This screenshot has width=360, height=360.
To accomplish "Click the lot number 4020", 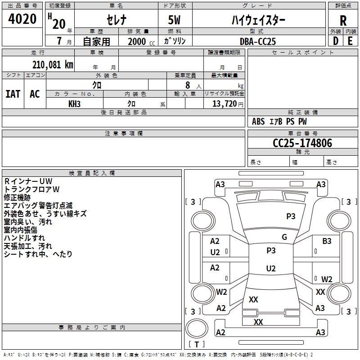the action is [x=22, y=19].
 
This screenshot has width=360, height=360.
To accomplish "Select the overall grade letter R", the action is [x=343, y=21].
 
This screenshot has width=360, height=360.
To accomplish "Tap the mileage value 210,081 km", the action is [x=53, y=65].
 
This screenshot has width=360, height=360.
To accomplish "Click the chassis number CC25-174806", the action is [x=302, y=143].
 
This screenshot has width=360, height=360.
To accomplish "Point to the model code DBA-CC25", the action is [x=258, y=41].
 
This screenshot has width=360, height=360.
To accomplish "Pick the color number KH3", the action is [x=74, y=104].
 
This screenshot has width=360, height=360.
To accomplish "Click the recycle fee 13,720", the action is [x=224, y=104].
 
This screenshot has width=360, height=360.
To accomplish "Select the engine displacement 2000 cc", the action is [x=141, y=41].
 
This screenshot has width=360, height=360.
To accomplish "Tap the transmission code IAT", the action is [x=13, y=94].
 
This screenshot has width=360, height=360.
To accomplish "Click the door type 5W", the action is [x=174, y=20].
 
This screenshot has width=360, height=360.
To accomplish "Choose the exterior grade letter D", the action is [x=336, y=41].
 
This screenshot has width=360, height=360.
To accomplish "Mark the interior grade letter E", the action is [x=350, y=41].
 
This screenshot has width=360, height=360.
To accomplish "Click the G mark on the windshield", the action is [x=284, y=237].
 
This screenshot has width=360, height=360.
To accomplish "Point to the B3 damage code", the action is [x=327, y=241].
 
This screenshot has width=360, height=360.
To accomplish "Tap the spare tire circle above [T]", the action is [x=197, y=328].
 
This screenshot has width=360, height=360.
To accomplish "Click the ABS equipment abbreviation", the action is [x=258, y=121].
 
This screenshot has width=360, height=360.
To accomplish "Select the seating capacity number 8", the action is [x=188, y=85].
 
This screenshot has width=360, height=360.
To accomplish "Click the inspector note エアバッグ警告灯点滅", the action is [x=38, y=206].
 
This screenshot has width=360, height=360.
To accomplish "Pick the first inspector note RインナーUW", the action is [x=28, y=181].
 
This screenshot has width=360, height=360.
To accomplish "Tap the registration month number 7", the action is [x=59, y=41].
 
